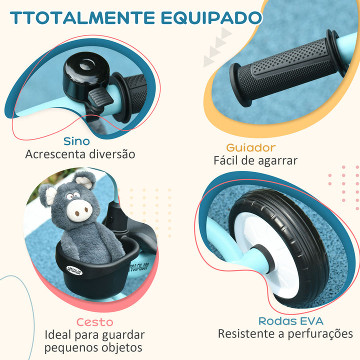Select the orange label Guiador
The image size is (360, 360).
click(x=250, y=147)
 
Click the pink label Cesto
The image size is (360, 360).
click(x=94, y=322)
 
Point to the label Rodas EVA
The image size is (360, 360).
click(x=290, y=321)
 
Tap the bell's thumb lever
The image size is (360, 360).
click(x=99, y=100)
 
